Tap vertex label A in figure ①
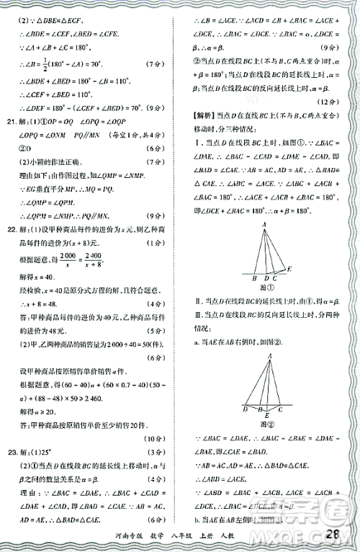click(264, 223)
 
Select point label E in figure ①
click(290, 268)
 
